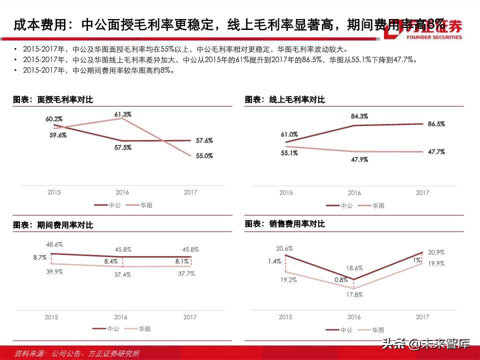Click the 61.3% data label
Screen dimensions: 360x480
[x=122, y=114]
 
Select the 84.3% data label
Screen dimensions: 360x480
[x=359, y=116]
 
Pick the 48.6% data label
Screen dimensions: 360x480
[x=54, y=244]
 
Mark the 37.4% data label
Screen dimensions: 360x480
[x=122, y=274]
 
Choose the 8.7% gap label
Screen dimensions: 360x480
[x=40, y=257]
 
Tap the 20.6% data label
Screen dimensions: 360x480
[x=284, y=248]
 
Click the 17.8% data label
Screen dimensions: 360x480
[x=354, y=295]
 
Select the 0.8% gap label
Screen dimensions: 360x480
[x=341, y=280]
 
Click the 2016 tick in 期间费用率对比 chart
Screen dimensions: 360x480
[x=120, y=317]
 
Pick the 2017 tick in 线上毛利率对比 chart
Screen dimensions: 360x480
[x=422, y=192]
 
